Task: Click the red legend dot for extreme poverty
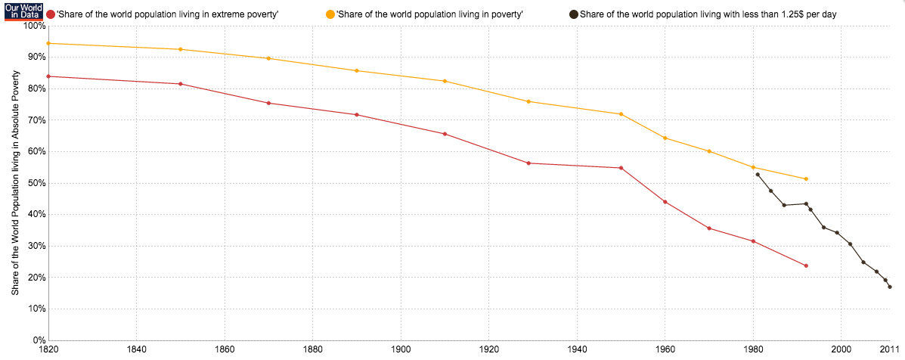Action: tap(51, 14)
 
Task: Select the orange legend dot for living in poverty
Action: tap(330, 14)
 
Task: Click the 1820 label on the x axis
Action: tap(48, 351)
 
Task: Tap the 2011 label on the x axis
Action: tap(890, 351)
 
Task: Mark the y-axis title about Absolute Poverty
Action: tap(16, 183)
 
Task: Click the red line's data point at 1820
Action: tap(48, 76)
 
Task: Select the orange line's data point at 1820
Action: tap(48, 43)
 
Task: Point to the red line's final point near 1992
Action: tap(806, 265)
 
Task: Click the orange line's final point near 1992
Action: tap(806, 178)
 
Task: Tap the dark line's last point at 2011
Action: tap(890, 287)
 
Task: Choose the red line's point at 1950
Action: tap(621, 168)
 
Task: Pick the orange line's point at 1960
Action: tap(665, 138)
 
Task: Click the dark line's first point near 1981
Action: tap(758, 175)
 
